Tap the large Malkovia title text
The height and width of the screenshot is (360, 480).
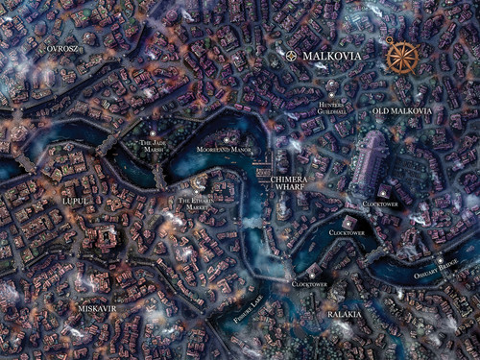click(x=331, y=57)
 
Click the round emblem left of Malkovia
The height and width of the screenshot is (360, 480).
click(x=291, y=56)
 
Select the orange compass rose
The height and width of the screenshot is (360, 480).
click(x=402, y=57)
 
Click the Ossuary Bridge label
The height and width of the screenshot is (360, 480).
click(x=444, y=272)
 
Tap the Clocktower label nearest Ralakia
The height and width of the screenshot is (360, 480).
click(x=310, y=284)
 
